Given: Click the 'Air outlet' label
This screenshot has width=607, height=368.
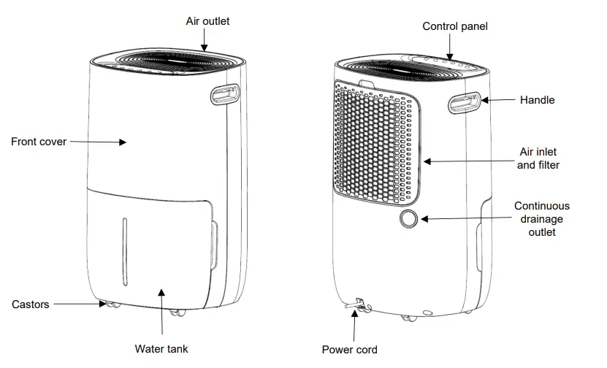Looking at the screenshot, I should tap(207, 21).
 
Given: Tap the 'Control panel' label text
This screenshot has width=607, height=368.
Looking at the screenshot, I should tap(455, 26).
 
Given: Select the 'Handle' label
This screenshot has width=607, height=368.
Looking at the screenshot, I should tap(537, 100).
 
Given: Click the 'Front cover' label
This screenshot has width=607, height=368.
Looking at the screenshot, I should tap(38, 142).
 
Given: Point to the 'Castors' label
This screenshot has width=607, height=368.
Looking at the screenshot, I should tap(31, 304).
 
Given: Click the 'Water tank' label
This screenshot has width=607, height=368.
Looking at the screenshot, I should tap(161, 349).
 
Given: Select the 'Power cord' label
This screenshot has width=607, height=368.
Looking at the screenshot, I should tap(350, 350).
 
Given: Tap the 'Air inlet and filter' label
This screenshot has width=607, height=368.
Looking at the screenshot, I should tap(538, 158).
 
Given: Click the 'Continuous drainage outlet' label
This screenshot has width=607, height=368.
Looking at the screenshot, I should tap(541, 219).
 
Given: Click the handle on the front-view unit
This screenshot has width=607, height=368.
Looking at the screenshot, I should tap(225, 93).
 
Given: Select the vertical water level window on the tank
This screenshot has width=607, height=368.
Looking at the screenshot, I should tap(124, 248).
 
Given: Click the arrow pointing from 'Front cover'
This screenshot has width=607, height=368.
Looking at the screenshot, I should tap(98, 142).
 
